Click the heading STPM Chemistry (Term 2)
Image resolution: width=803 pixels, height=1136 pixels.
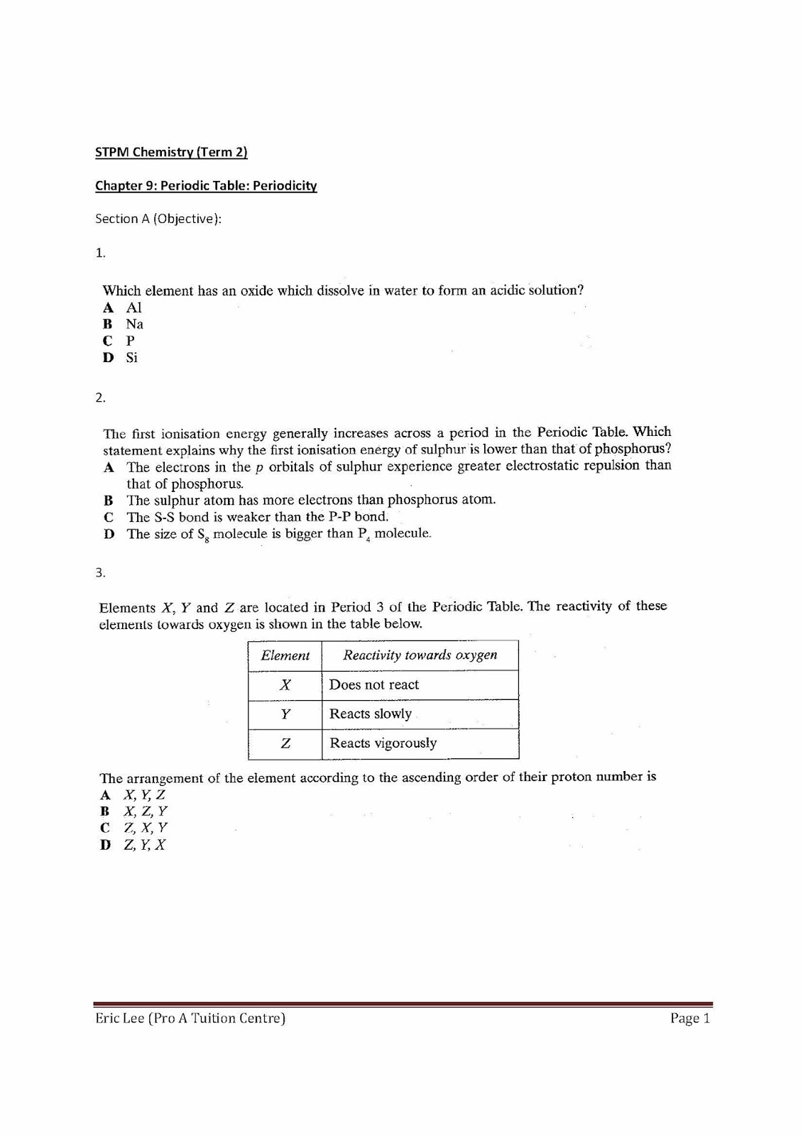click(171, 152)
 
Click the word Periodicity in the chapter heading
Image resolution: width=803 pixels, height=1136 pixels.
click(285, 186)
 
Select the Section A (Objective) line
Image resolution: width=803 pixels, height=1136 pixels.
click(158, 219)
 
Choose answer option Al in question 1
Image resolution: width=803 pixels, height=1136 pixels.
click(133, 307)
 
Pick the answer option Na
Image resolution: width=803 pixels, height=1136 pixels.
click(134, 324)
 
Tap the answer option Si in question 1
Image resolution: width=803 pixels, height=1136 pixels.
click(131, 358)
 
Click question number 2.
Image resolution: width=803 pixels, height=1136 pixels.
click(100, 398)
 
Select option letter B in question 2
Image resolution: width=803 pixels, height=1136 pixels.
click(109, 500)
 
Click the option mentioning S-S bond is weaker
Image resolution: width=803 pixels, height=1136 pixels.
click(257, 517)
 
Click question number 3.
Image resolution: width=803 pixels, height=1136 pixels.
click(100, 572)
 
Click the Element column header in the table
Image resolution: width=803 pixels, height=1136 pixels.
click(285, 655)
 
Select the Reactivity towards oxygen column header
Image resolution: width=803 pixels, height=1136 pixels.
click(420, 655)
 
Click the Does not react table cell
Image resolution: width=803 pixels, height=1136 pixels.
click(374, 685)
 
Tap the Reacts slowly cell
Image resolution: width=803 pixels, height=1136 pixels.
click(370, 714)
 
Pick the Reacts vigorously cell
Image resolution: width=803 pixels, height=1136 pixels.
click(383, 743)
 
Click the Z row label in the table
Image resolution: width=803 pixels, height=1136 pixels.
click(285, 743)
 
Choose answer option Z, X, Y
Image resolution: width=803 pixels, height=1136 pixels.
click(145, 828)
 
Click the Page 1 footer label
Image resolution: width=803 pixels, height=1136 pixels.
click(689, 1019)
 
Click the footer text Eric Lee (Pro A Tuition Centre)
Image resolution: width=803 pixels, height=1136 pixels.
click(190, 1019)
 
